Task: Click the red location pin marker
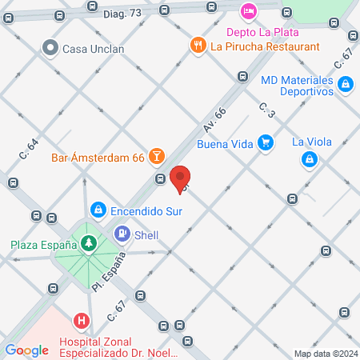tap(181, 178)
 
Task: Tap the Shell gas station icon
tap(123, 234)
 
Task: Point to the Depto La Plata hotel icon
tap(248, 11)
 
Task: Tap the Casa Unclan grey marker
tap(52, 48)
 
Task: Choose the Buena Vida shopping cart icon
tap(266, 144)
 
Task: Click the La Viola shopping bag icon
tap(309, 159)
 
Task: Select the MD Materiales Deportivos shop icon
tap(345, 83)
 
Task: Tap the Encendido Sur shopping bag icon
tap(98, 210)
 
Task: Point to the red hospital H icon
tap(81, 322)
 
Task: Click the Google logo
tap(26, 350)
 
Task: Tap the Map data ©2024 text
tap(326, 354)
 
